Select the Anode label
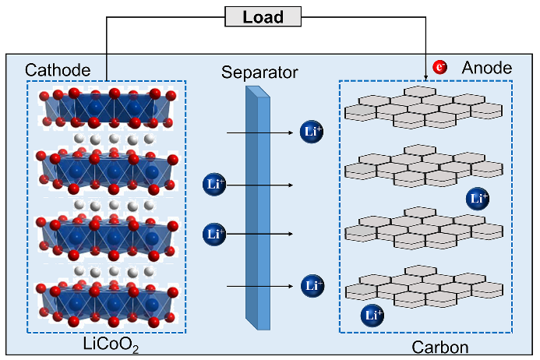[487, 69]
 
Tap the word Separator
[259, 73]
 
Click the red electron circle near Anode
[440, 69]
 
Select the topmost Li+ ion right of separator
[312, 132]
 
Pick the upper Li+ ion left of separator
[214, 185]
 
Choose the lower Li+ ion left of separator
[214, 233]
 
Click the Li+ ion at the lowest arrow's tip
[312, 286]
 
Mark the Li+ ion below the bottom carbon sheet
[373, 316]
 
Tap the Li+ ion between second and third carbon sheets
[478, 198]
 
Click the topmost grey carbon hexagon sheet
[424, 107]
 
